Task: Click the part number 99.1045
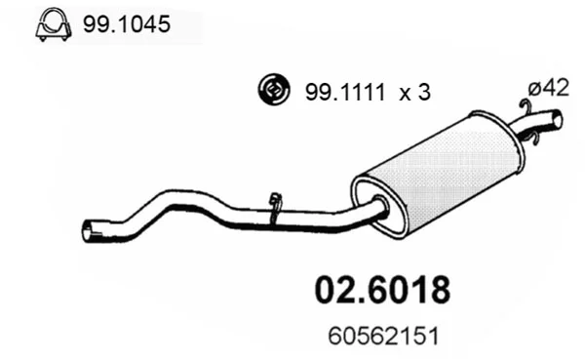tap(127, 24)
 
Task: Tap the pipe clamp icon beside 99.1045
tap(54, 24)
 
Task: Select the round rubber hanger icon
tap(273, 90)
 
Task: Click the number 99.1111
tap(344, 93)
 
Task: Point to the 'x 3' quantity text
tap(414, 93)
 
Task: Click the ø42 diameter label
tap(548, 89)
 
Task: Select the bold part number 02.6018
tap(383, 290)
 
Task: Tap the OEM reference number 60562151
tap(384, 336)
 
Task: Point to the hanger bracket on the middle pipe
tap(276, 207)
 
